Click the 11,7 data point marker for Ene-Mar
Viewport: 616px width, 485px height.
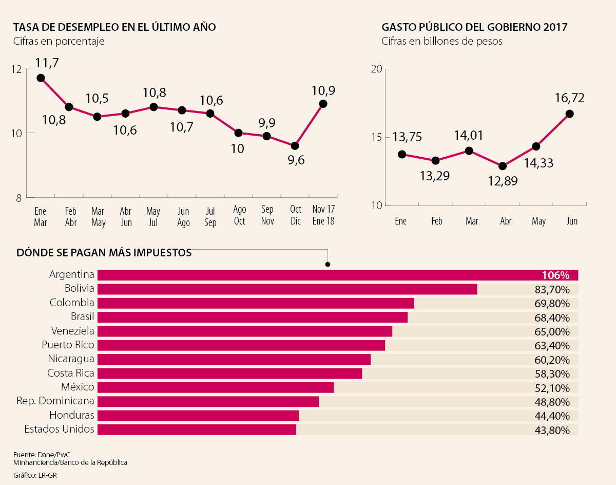click(x=41, y=78)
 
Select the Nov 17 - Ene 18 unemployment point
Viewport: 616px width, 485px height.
click(x=323, y=104)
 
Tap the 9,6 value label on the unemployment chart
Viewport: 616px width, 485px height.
click(x=296, y=160)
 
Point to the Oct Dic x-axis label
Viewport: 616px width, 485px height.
click(x=295, y=216)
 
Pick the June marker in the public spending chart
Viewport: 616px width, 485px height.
click(x=569, y=114)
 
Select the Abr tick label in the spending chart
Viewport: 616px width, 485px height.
click(x=506, y=221)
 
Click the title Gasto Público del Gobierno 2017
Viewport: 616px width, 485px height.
click(x=474, y=27)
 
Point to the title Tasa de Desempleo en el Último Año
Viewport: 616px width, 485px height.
click(x=114, y=27)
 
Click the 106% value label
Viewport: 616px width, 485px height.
click(x=556, y=275)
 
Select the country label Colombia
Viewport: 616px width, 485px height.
click(x=72, y=303)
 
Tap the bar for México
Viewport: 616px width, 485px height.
click(x=216, y=387)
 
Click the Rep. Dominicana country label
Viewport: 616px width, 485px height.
click(x=55, y=401)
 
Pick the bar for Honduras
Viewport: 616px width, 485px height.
click(x=198, y=415)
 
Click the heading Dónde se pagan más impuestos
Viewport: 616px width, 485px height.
click(x=104, y=253)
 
